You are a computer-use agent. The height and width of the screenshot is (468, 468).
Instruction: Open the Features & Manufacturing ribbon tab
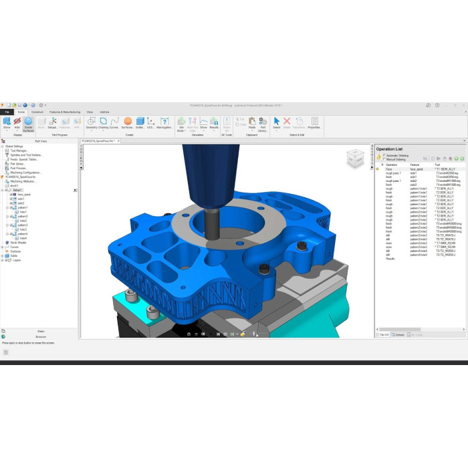point(65,112)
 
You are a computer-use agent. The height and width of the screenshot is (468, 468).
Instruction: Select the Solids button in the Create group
point(140,122)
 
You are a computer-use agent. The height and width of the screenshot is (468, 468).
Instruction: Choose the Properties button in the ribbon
point(314,122)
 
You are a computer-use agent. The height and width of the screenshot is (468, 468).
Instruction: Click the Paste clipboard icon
point(252,122)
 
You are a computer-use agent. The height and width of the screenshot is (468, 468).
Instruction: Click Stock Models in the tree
point(19,243)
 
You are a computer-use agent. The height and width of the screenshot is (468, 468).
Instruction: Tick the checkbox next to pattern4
point(13,234)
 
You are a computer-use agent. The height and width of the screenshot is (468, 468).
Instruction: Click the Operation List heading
point(389,149)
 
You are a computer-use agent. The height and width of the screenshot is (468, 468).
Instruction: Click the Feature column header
point(415,164)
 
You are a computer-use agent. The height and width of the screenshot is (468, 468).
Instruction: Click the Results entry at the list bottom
point(390,258)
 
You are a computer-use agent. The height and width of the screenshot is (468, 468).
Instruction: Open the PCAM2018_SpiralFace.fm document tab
point(98,141)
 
